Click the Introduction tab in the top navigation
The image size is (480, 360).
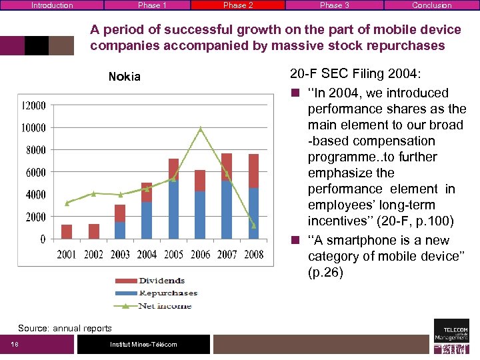52,5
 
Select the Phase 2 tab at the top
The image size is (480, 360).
238,5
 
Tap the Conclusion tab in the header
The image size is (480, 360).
431,5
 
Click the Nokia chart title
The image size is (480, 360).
125,77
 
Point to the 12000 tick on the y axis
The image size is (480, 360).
33,105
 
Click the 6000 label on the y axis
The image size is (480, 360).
36,172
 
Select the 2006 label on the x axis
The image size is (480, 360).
200,255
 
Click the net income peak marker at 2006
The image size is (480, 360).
200,129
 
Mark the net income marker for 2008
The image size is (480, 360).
253,226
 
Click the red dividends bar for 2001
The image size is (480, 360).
67,231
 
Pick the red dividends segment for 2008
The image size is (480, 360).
253,171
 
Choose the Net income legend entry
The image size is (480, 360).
163,306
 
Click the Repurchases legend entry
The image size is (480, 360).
167,293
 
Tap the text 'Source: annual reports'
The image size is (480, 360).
65,328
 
